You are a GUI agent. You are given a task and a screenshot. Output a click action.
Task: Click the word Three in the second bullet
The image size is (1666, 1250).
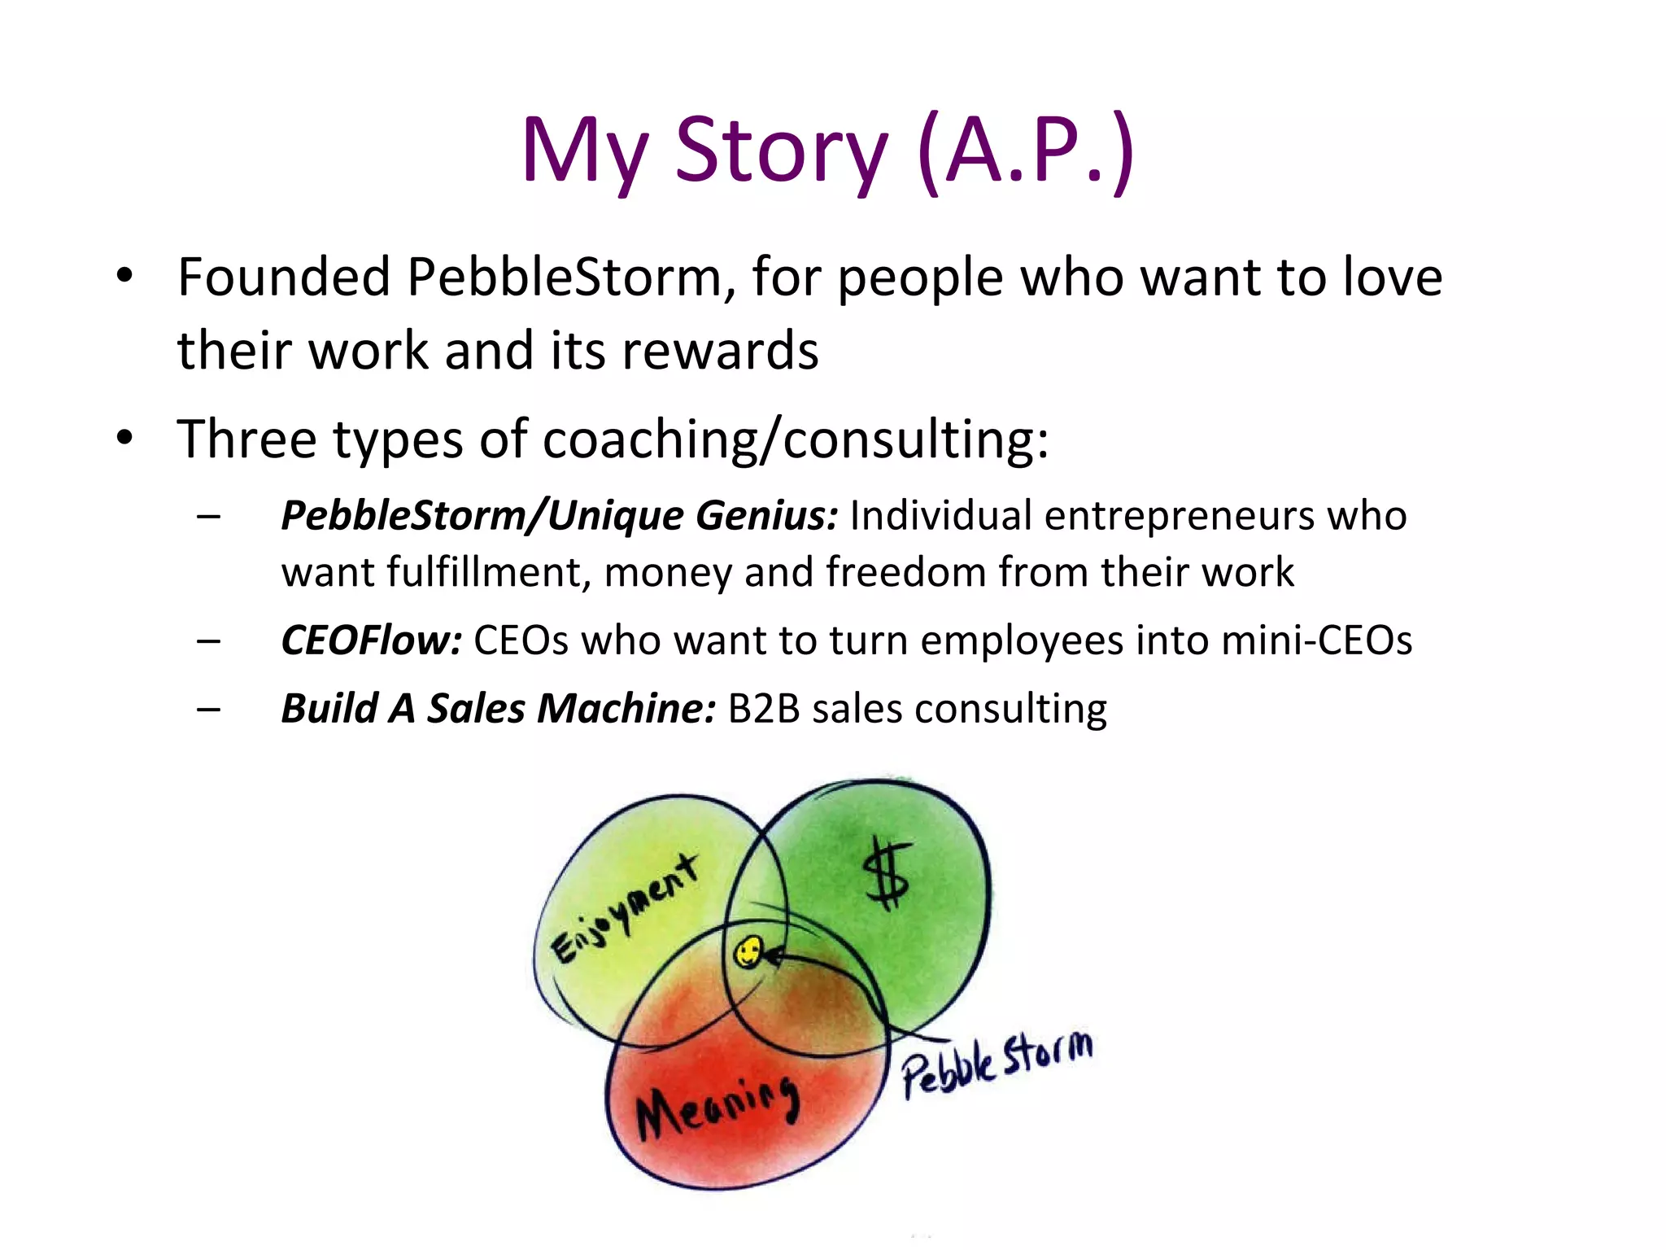(x=246, y=439)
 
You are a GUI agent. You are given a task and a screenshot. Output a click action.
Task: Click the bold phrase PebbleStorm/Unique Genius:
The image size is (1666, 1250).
(x=559, y=516)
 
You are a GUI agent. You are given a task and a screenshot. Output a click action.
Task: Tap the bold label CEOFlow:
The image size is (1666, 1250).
(x=371, y=640)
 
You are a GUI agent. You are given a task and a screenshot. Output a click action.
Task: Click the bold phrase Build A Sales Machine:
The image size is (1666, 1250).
(x=498, y=708)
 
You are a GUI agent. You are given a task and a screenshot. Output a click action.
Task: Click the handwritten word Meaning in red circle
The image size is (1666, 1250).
(x=716, y=1107)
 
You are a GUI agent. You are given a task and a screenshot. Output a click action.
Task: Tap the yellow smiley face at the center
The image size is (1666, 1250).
(x=748, y=952)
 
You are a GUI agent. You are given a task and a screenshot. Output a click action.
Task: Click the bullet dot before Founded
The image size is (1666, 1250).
(x=124, y=277)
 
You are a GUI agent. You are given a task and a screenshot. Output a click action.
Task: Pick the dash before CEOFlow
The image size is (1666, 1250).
(x=208, y=641)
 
